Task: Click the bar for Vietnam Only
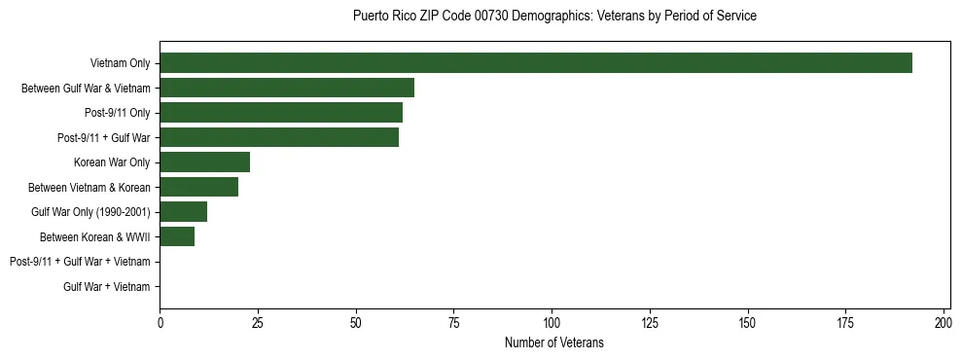pyautogui.click(x=536, y=63)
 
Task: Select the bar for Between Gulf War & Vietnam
pyautogui.click(x=287, y=88)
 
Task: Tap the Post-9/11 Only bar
pyautogui.click(x=281, y=113)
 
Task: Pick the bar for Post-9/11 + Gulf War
pyautogui.click(x=279, y=137)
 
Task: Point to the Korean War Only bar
pyautogui.click(x=205, y=162)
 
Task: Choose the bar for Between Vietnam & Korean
pyautogui.click(x=199, y=187)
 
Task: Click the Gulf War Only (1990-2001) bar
pyautogui.click(x=184, y=212)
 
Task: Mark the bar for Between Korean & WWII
pyautogui.click(x=178, y=236)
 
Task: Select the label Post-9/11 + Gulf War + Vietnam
pyautogui.click(x=80, y=262)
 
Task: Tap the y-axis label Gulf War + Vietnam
pyautogui.click(x=107, y=287)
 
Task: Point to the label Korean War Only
pyautogui.click(x=112, y=162)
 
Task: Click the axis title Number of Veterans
pyautogui.click(x=554, y=342)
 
